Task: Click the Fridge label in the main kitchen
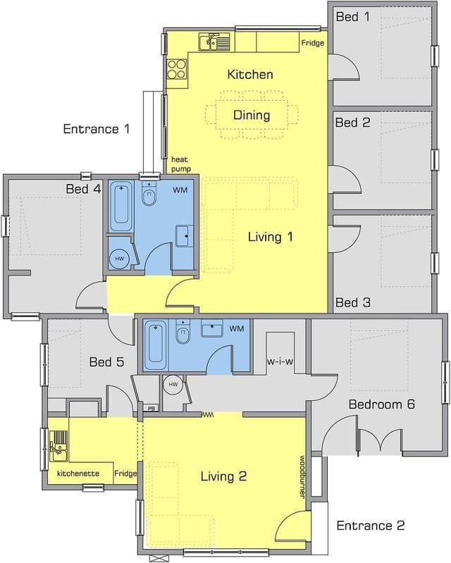[x=312, y=43]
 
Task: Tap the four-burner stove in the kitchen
[x=177, y=69]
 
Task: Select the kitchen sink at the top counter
[x=214, y=42]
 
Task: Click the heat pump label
[x=180, y=164]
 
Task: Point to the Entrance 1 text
[x=97, y=128]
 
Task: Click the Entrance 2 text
[x=370, y=526]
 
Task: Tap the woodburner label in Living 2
[x=302, y=477]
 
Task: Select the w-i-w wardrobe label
[x=280, y=361]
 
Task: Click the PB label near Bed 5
[x=152, y=408]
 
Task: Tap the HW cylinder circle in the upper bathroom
[x=120, y=259]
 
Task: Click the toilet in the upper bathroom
[x=149, y=193]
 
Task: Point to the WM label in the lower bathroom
[x=236, y=328]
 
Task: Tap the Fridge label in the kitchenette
[x=125, y=474]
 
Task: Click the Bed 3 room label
[x=352, y=302]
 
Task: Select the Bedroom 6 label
[x=382, y=404]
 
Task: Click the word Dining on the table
[x=252, y=115]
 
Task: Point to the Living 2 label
[x=223, y=476]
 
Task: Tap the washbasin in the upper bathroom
[x=184, y=236]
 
